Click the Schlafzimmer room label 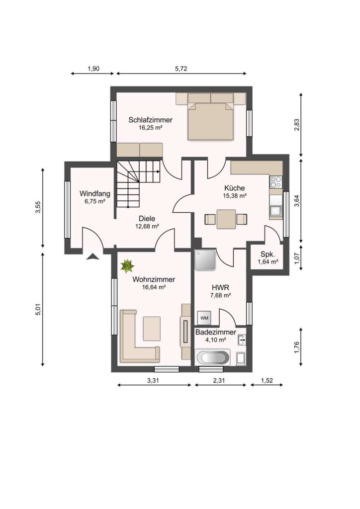click(x=150, y=120)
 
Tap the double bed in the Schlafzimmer click(x=211, y=121)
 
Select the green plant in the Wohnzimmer click(x=127, y=266)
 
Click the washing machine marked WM click(x=204, y=318)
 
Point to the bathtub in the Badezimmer click(x=213, y=358)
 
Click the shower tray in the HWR click(x=205, y=260)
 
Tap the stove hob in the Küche click(x=276, y=182)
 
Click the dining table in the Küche click(x=226, y=219)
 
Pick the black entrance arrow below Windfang click(x=93, y=257)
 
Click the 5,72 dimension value click(x=181, y=69)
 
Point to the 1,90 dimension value click(x=93, y=69)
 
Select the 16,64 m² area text click(x=154, y=287)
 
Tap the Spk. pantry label click(x=268, y=254)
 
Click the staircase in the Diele click(x=138, y=183)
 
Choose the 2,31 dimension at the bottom click(x=219, y=381)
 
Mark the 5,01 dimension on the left click(x=38, y=309)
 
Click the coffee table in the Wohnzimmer click(x=152, y=329)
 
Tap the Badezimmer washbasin click(x=242, y=340)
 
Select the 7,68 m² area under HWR click(x=220, y=295)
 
